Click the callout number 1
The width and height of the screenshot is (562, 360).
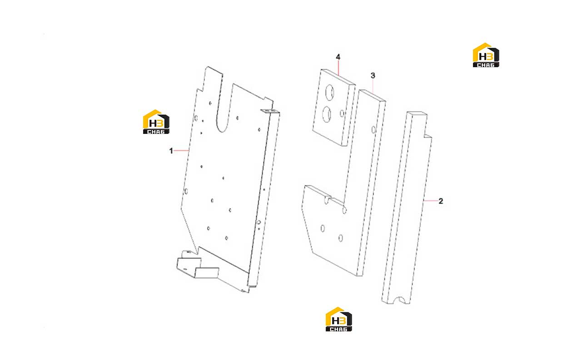point(171,151)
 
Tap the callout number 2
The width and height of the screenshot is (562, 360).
point(441,201)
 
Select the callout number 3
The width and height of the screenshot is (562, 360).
point(373,75)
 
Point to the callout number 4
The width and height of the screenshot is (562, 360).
point(338,57)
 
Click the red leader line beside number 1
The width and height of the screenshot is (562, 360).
point(181,150)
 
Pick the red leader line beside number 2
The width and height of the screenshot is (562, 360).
point(431,201)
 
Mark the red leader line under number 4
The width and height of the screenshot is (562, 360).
point(338,68)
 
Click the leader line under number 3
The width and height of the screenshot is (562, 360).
point(373,87)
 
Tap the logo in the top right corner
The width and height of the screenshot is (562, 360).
point(486,55)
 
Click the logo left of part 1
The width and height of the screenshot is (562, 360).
point(156,122)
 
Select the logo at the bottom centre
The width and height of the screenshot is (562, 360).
point(339,319)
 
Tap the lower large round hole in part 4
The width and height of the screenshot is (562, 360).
point(327,114)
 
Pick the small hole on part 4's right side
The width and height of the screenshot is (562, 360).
point(342,113)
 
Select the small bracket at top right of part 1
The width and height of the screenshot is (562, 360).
point(268,111)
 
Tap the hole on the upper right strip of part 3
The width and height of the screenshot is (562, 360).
point(373,130)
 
